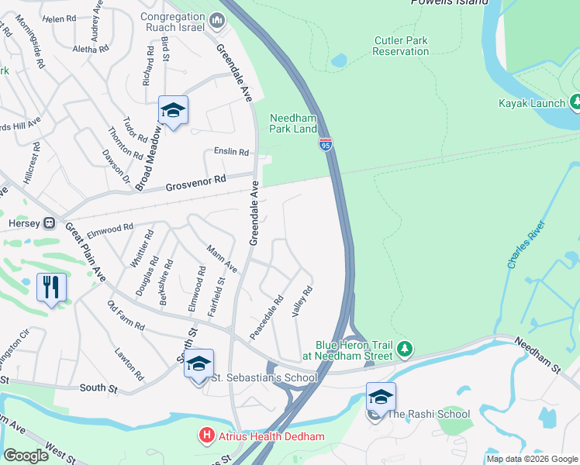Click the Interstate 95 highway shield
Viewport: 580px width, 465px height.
326,144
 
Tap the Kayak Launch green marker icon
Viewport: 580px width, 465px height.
575,102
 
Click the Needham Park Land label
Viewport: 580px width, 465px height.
293,123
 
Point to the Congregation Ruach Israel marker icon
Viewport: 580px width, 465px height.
217,20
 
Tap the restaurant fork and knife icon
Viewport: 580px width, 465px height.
51,287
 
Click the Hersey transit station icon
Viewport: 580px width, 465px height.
49,223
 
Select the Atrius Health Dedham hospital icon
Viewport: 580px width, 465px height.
206,436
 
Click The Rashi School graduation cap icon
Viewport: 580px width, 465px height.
381,398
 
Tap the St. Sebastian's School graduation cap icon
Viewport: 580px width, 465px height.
199,363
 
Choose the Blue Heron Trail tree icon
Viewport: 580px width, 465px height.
405,350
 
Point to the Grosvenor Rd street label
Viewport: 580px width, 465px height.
195,183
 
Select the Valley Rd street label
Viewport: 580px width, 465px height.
302,301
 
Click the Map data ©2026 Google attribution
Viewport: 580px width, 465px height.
531,459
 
